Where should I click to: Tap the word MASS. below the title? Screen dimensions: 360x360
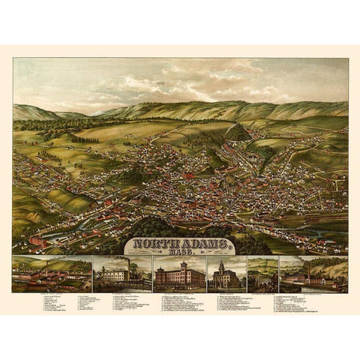coord(178,253)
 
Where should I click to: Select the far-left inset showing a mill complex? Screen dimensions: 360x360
coord(50,274)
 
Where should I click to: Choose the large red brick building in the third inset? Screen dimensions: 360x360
coord(178,277)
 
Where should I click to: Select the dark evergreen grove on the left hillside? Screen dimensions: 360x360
coord(84,139)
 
